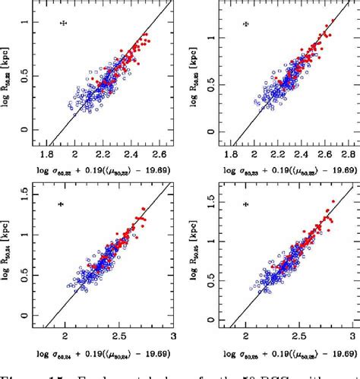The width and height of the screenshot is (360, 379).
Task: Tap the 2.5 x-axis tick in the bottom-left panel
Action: (x=119, y=336)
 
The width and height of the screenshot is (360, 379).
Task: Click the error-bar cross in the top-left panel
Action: (x=65, y=24)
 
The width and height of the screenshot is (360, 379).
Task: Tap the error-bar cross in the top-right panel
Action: (x=245, y=24)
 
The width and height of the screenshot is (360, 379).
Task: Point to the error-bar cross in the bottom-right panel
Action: (x=245, y=204)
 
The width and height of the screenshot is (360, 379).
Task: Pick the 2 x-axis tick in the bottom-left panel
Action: (x=65, y=336)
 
